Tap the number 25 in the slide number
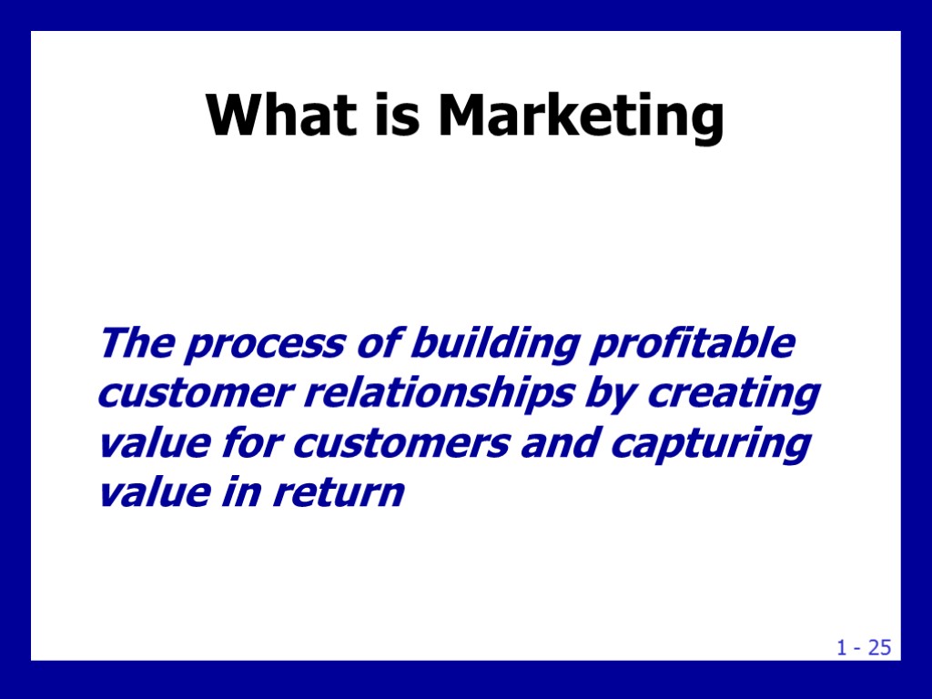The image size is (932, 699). (878, 648)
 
